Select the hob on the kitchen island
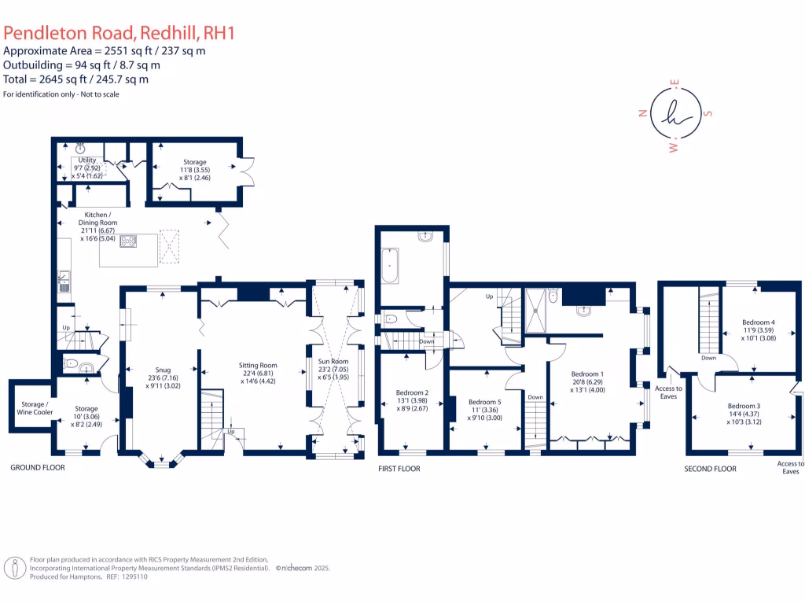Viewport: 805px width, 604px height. click(x=127, y=241)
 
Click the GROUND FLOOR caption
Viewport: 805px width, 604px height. click(x=37, y=467)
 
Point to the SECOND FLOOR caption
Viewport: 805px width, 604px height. click(x=710, y=468)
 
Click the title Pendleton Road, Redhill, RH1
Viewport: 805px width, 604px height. click(x=119, y=33)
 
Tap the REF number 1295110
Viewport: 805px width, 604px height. click(x=131, y=576)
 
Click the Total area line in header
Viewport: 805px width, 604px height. click(x=76, y=79)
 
